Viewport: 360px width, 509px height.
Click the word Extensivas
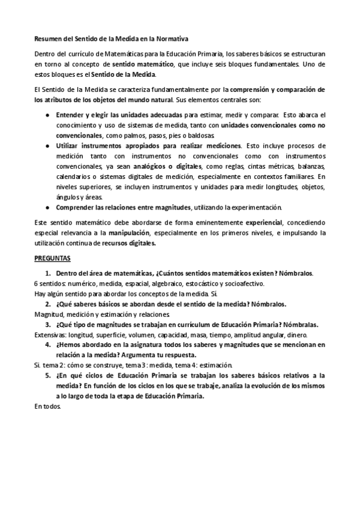50,335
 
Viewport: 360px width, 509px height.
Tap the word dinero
295,335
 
